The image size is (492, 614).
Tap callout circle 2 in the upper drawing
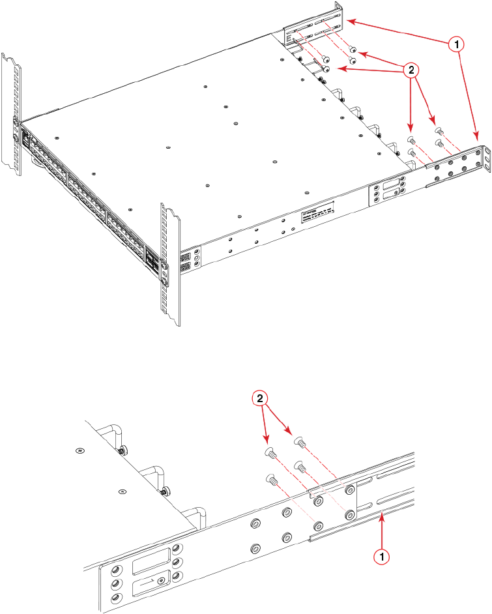411,70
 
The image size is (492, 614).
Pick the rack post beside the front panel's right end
170,261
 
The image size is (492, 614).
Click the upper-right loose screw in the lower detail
301,443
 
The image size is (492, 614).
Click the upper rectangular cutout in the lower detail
151,561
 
